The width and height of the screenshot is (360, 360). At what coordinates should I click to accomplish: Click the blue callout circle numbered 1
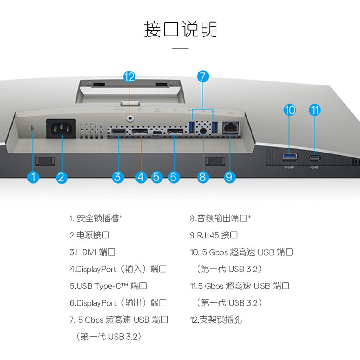[x=33, y=177]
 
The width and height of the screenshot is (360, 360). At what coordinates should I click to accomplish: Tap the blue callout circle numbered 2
[x=63, y=177]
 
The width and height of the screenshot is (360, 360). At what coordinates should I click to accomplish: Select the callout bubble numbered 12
[x=129, y=77]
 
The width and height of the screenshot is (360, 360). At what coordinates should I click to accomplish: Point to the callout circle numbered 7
[x=202, y=76]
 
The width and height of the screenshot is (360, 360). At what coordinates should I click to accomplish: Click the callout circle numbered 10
[x=290, y=110]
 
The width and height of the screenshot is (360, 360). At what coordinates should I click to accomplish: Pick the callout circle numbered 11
[x=315, y=110]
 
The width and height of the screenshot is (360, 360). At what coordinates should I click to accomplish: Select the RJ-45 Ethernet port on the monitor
[x=230, y=129]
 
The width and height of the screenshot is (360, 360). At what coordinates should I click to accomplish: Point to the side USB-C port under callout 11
[x=315, y=157]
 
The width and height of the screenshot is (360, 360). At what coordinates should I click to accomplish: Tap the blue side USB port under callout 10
[x=290, y=157]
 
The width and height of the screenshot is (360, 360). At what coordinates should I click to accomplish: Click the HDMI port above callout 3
[x=118, y=131]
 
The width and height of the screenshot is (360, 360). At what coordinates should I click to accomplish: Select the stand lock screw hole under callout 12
[x=130, y=118]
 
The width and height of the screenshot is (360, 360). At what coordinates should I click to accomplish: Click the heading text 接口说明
[x=180, y=29]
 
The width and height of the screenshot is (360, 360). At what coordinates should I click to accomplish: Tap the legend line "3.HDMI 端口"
[x=92, y=252]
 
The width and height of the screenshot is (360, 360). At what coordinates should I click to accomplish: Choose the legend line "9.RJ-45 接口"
[x=213, y=235]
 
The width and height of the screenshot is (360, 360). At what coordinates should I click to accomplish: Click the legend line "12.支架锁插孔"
[x=216, y=320]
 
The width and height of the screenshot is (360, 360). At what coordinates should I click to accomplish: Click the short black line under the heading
[x=180, y=49]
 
